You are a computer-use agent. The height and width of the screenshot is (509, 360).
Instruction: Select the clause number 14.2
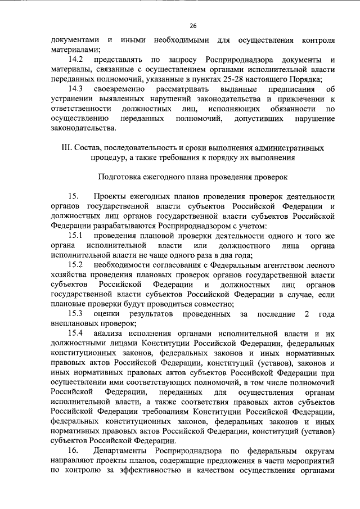coord(75,60)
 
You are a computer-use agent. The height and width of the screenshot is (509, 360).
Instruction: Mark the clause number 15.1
coord(75,235)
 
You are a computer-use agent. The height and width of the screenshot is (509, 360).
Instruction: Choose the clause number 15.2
coord(75,264)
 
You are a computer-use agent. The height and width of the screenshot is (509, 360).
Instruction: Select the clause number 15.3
coord(75,313)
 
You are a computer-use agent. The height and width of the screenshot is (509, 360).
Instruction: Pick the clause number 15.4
coord(75,333)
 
